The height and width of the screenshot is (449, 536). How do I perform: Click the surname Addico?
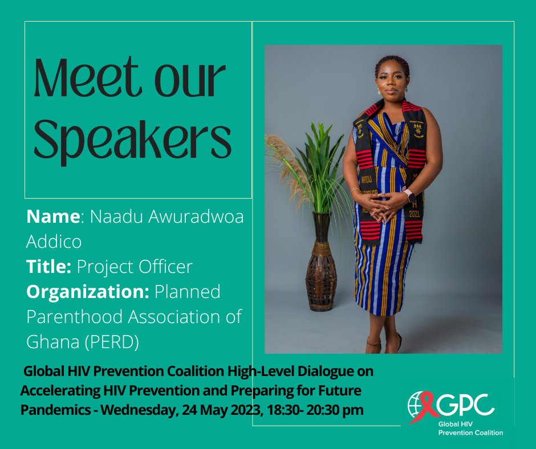(54, 242)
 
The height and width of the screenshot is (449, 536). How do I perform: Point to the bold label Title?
(49, 267)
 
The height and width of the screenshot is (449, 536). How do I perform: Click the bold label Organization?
(87, 291)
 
